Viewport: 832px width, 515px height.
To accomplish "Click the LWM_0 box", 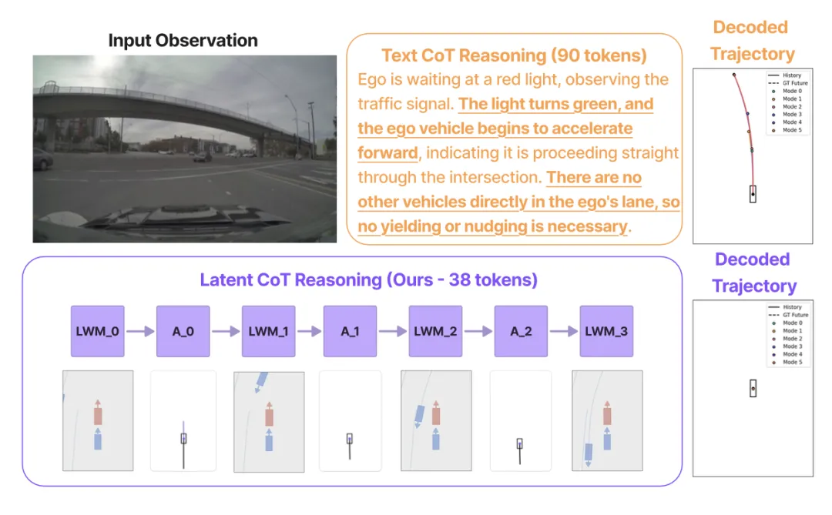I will pos(97,331).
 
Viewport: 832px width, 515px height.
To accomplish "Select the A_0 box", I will pos(183,331).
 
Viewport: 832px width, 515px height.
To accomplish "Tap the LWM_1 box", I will pos(269,331).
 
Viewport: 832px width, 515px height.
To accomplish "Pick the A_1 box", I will pos(349,331).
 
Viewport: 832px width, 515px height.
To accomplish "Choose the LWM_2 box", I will pos(435,331).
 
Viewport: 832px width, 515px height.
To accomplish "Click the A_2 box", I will pos(521,331).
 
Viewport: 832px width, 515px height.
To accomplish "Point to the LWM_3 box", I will pos(606,331).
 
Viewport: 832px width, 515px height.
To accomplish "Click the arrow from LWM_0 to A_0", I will pos(140,331).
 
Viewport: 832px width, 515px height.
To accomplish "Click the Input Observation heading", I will pos(183,40).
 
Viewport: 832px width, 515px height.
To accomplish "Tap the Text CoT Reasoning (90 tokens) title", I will pos(514,56).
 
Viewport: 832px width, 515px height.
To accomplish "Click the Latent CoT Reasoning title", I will pos(368,279).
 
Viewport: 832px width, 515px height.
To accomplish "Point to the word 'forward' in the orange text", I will pos(387,152).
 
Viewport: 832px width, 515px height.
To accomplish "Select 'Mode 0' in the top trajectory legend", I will pos(791,92).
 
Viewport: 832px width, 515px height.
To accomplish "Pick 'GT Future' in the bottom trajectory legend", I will pos(795,315).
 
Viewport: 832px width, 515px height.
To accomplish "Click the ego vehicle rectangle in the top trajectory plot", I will pos(753,193).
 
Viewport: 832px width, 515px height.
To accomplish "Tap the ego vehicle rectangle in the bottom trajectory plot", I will pos(753,389).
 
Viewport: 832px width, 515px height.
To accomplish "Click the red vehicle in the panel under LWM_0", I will pos(98,416).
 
